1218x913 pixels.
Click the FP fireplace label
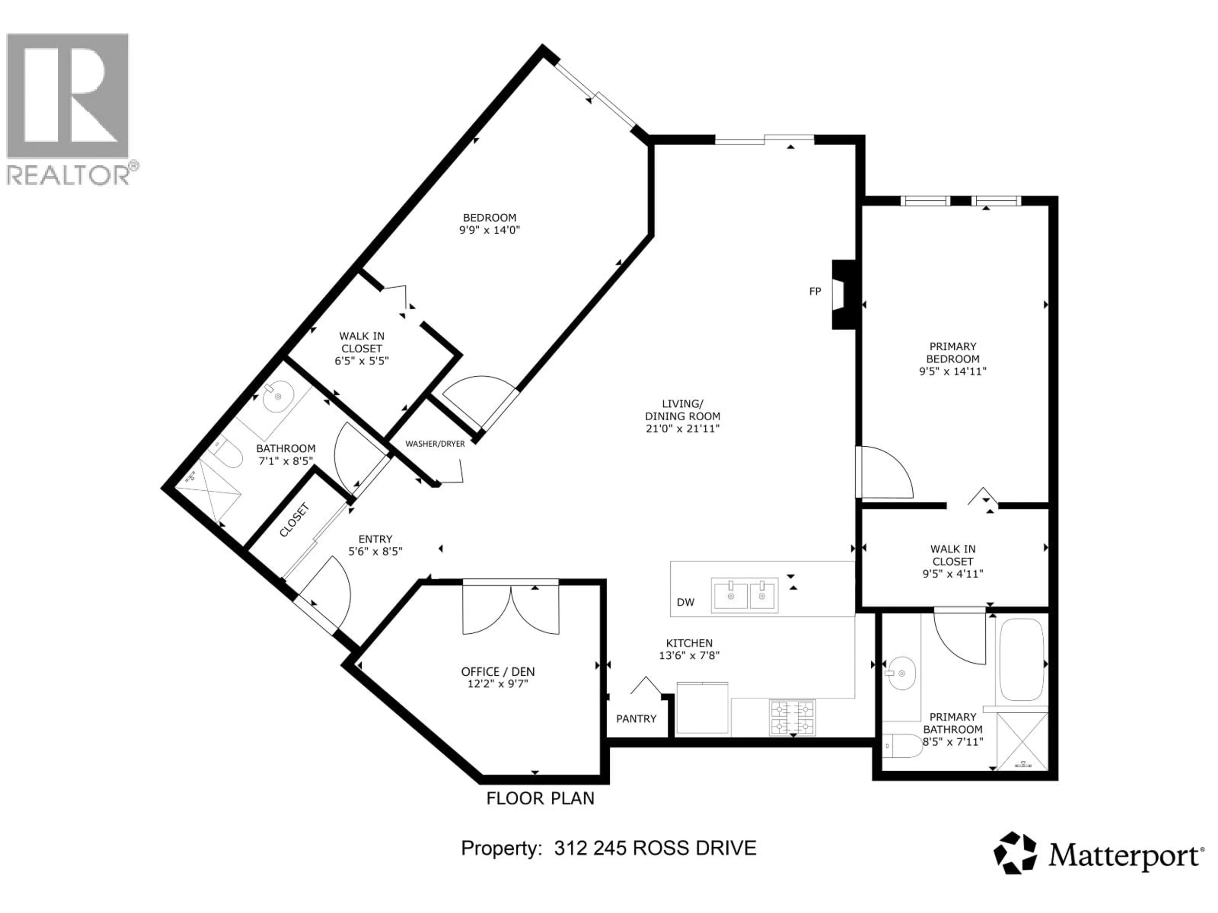point(815,291)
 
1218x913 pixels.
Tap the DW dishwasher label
point(685,602)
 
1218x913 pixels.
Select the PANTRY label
point(636,719)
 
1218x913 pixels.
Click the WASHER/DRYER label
point(435,444)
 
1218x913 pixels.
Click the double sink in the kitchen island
point(745,595)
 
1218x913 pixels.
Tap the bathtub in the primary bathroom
point(1022,659)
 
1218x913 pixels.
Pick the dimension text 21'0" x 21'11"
point(683,429)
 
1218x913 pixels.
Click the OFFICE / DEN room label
point(498,671)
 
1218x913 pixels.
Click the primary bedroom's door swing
point(883,472)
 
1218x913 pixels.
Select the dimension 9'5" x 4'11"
point(953,573)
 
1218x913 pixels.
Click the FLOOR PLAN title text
point(540,798)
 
